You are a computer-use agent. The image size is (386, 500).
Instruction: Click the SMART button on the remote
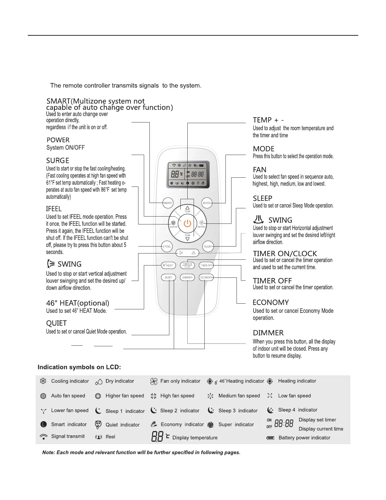(x=168, y=203)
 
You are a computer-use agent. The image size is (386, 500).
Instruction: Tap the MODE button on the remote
(x=207, y=203)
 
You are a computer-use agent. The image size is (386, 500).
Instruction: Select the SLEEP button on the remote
(x=208, y=247)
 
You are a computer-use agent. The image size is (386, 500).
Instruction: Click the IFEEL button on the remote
(x=167, y=247)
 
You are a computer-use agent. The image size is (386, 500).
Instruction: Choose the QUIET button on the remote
(x=168, y=277)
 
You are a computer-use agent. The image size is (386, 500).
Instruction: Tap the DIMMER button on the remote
(x=187, y=277)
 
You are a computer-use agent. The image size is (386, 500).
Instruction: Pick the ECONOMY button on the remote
(x=206, y=277)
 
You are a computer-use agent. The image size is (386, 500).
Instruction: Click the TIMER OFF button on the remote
(x=206, y=265)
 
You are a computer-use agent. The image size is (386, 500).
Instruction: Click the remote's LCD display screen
(x=188, y=175)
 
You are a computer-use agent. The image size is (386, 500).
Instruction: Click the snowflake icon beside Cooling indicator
(x=43, y=381)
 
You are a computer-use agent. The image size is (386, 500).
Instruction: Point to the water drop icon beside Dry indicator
(x=99, y=382)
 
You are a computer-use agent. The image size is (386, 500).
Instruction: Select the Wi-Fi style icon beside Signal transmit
(x=44, y=437)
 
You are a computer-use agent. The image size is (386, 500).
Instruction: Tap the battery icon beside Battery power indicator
(x=270, y=438)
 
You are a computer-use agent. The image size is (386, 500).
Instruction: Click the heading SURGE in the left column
(x=58, y=161)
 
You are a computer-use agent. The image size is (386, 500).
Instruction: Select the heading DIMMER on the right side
(x=268, y=333)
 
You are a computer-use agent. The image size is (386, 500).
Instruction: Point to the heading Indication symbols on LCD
(x=79, y=367)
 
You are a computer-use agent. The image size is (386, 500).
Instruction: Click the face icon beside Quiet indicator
(x=98, y=425)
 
